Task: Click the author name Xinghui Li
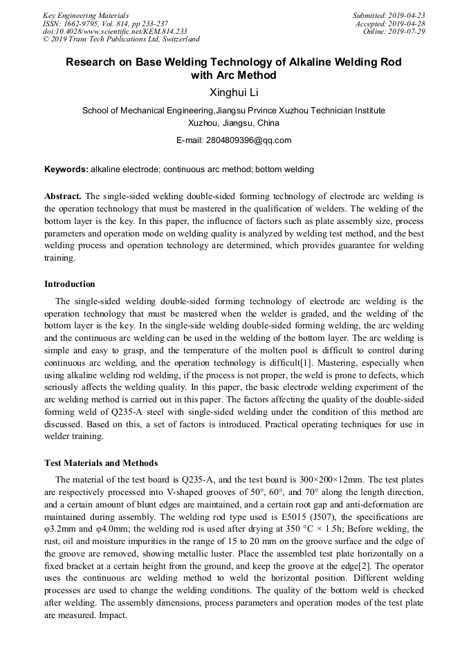[x=234, y=93]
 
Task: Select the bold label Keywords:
[x=66, y=169]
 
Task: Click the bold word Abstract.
[x=63, y=196]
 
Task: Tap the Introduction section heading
[x=70, y=284]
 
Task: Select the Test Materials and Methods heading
[x=101, y=463]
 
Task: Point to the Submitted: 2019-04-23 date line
[x=389, y=15]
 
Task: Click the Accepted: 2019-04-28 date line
[x=390, y=24]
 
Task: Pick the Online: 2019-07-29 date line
[x=393, y=32]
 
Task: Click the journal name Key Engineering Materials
[x=86, y=15]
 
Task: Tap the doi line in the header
[x=115, y=32]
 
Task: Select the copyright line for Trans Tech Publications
[x=121, y=39]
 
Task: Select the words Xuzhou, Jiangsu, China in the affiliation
[x=234, y=123]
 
